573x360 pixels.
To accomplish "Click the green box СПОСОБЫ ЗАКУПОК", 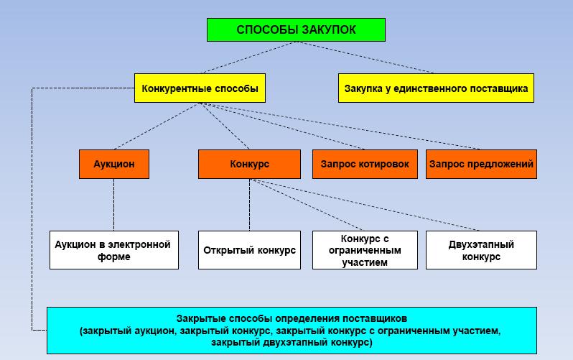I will [x=296, y=30].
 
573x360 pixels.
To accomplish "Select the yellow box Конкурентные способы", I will [x=200, y=89].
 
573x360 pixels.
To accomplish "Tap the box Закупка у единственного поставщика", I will [x=436, y=89].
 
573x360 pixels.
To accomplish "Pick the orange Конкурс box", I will [x=249, y=164].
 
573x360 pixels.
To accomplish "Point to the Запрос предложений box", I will [x=481, y=164].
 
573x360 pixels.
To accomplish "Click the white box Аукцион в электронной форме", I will [x=113, y=250].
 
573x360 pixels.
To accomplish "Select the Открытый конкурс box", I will [x=249, y=250].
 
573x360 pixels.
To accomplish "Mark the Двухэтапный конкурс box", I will [x=481, y=250].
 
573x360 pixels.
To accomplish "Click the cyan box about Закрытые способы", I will [x=292, y=330].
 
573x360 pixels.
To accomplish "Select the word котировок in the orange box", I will [x=385, y=164].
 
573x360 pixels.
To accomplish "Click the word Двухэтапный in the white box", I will [x=481, y=244].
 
